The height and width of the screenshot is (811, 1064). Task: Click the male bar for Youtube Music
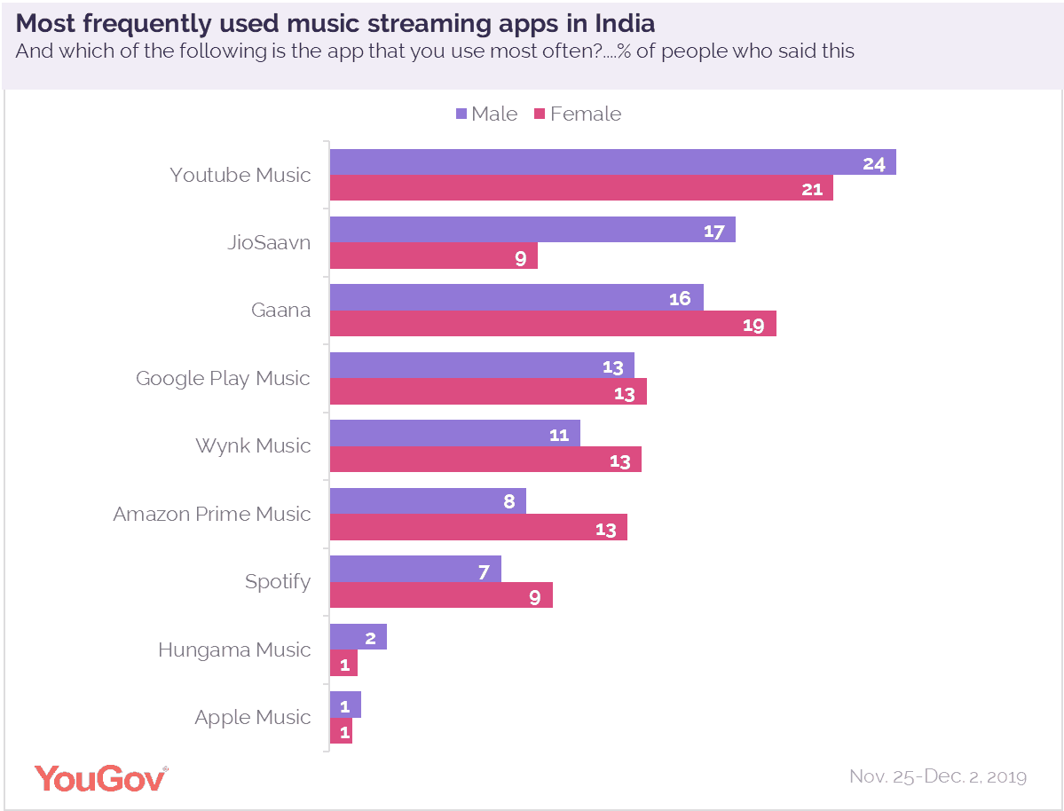(x=612, y=162)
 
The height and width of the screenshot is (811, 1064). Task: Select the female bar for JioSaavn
(x=433, y=256)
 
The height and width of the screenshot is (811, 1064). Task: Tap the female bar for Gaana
(x=552, y=324)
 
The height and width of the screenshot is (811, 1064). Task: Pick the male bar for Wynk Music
(x=454, y=433)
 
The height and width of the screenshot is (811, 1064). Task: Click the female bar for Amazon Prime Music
(x=477, y=528)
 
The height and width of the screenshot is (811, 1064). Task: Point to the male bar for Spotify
(x=414, y=569)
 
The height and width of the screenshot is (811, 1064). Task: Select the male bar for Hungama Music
(x=358, y=636)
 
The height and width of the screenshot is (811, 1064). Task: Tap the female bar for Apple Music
(x=341, y=731)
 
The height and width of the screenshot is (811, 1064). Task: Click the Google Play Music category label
(x=223, y=379)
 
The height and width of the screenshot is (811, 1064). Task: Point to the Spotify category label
(x=278, y=582)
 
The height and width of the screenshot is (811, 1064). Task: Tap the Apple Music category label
(x=253, y=717)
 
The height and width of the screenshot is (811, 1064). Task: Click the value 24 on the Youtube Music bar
(x=875, y=162)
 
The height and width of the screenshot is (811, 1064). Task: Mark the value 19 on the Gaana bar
(x=753, y=325)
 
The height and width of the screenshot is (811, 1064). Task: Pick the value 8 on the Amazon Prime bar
(x=509, y=500)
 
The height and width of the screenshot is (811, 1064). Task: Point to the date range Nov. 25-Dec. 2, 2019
(x=937, y=776)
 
